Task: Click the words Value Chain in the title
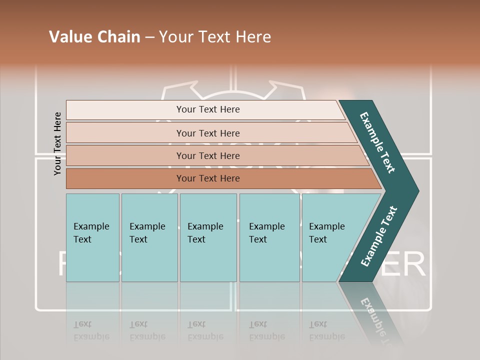pyautogui.click(x=94, y=37)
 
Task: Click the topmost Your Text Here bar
pyautogui.click(x=207, y=109)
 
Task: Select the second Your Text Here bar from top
pyautogui.click(x=207, y=133)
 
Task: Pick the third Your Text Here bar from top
pyautogui.click(x=207, y=155)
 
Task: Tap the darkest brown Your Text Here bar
pyautogui.click(x=207, y=178)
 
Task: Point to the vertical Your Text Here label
pyautogui.click(x=57, y=143)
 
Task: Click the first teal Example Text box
pyautogui.click(x=92, y=237)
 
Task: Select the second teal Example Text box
pyautogui.click(x=149, y=237)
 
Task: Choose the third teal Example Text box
pyautogui.click(x=208, y=237)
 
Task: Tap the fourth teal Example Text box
pyautogui.click(x=269, y=237)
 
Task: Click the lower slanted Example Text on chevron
pyautogui.click(x=378, y=236)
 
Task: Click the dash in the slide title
pyautogui.click(x=149, y=37)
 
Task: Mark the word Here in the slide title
pyautogui.click(x=255, y=37)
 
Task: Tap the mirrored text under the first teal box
pyautogui.click(x=91, y=330)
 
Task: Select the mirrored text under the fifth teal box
pyautogui.click(x=326, y=330)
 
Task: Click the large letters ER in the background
pyautogui.click(x=407, y=264)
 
